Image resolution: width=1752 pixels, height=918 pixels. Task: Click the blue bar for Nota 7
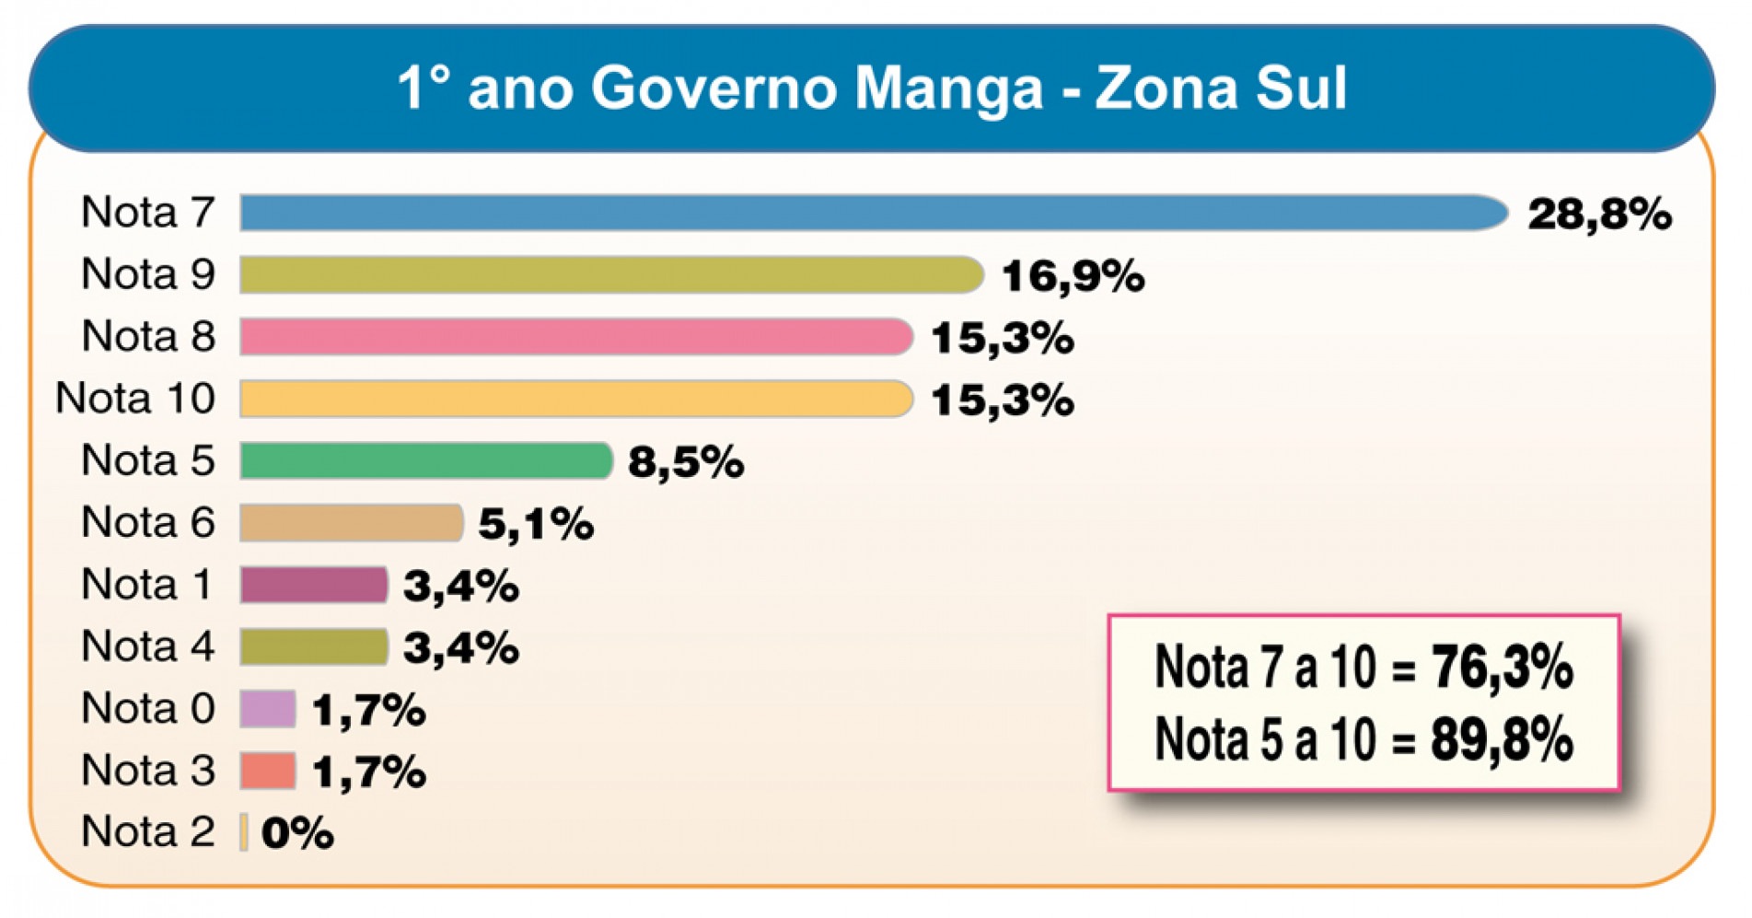pos(873,213)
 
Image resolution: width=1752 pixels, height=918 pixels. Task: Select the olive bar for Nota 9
pos(611,275)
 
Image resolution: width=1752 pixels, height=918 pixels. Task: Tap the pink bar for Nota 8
pos(576,337)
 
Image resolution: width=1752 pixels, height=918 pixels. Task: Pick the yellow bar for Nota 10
pos(576,399)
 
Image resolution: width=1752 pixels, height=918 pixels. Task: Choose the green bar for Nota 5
pos(426,460)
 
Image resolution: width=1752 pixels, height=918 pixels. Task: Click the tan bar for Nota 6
pos(351,523)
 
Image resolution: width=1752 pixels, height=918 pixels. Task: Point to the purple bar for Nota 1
pos(314,585)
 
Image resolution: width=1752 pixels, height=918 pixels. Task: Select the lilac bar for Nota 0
pos(268,709)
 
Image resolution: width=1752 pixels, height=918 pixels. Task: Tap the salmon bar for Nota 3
pos(268,771)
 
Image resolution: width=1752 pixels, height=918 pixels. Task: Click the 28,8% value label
pos(1599,215)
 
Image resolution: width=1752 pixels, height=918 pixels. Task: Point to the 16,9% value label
pos(1073,276)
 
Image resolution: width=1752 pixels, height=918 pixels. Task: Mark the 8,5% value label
pos(686,462)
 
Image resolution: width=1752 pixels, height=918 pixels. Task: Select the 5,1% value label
pos(536,524)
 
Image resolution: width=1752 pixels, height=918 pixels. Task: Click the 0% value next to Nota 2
pos(297,833)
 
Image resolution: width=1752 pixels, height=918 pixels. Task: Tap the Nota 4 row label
pos(147,646)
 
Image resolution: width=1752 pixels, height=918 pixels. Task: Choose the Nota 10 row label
pos(135,399)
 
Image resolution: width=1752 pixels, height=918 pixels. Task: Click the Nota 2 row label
pos(147,831)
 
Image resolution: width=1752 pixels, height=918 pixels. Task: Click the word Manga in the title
pos(948,88)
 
